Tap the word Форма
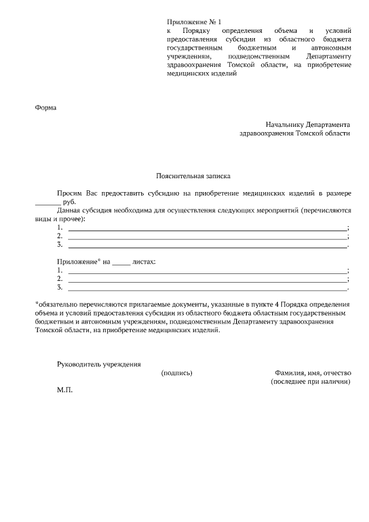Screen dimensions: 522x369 [x=46, y=107]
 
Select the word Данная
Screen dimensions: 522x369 [x=69, y=212]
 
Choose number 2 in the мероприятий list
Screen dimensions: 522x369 [x=60, y=236]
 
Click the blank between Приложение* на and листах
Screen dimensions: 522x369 [x=121, y=261]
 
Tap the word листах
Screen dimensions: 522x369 [x=144, y=261]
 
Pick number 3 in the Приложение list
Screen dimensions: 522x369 [x=60, y=287]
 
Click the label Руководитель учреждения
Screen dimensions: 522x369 [x=99, y=364]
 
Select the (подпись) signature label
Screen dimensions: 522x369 [x=176, y=373]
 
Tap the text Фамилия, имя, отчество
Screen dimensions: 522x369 [x=312, y=373]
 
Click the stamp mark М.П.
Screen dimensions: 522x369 [x=65, y=390]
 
